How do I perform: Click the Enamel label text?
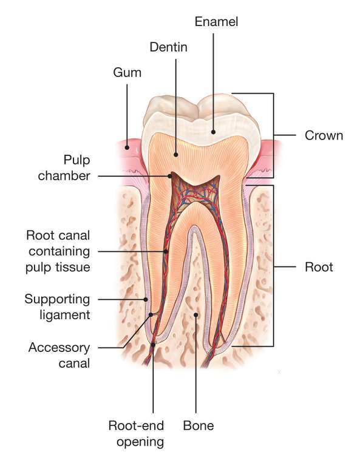(216, 22)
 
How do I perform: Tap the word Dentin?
(169, 47)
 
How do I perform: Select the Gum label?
(127, 73)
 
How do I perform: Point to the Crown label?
(324, 135)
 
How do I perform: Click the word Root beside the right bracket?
(319, 267)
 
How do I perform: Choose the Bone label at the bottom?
(199, 425)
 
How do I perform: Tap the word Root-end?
(136, 425)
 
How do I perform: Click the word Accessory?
(59, 348)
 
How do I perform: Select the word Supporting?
(57, 299)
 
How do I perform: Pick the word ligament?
(65, 315)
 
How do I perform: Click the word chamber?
(64, 175)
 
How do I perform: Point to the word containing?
(59, 251)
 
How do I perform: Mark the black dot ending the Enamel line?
(213, 132)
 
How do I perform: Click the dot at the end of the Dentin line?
(175, 155)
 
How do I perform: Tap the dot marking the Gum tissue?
(127, 147)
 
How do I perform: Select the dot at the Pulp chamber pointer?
(170, 176)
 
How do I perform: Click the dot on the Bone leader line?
(195, 315)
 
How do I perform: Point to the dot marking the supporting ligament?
(146, 300)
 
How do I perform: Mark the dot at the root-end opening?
(153, 345)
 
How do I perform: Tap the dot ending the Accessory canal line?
(151, 315)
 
